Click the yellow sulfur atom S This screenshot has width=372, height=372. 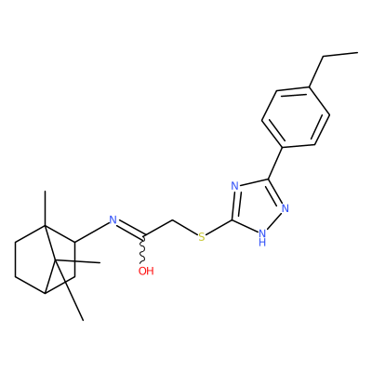tap(202, 237)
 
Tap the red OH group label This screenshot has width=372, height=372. tap(146, 272)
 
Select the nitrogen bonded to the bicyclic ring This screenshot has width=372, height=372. tap(113, 220)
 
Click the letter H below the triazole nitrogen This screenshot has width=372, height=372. tap(262, 242)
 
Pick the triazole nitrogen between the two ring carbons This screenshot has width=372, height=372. tap(235, 186)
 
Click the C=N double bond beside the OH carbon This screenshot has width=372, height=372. tap(131, 229)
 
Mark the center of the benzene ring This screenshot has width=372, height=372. tap(296, 117)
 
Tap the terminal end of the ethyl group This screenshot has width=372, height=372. tap(358, 53)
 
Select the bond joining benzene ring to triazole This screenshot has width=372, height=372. tap(275, 163)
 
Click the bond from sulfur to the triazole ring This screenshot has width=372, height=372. tap(219, 227)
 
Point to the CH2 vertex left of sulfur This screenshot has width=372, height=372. tap(173, 220)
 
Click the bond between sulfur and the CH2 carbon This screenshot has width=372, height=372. tap(185, 228)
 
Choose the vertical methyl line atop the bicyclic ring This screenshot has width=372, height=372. tap(46, 208)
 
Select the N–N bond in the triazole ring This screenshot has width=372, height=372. tap(273, 220)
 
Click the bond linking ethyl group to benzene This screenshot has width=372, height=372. tap(316, 72)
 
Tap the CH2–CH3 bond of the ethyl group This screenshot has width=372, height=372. tap(340, 55)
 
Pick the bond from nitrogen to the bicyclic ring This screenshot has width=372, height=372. tap(92, 232)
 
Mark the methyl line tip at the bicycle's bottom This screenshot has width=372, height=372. tap(83, 320)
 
